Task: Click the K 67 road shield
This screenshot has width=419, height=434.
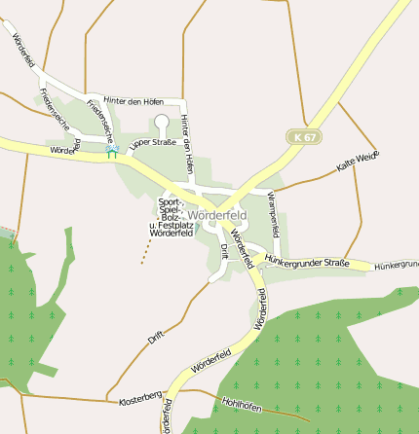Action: pos(304,138)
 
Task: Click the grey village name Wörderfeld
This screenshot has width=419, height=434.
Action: pos(218,214)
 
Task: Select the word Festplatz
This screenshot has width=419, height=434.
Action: pos(168,226)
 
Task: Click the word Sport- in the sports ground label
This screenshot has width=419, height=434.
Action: pos(170,201)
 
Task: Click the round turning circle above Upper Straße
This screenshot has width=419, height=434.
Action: pos(162,122)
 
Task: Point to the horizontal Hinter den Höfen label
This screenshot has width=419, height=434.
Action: pos(133,100)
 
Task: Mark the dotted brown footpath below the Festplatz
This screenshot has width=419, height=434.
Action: pos(146,251)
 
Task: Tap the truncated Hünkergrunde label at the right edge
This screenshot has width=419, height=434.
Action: pos(396,265)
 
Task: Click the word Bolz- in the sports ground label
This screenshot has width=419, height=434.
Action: pos(169,217)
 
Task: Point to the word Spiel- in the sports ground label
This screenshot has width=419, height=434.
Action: pos(169,209)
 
